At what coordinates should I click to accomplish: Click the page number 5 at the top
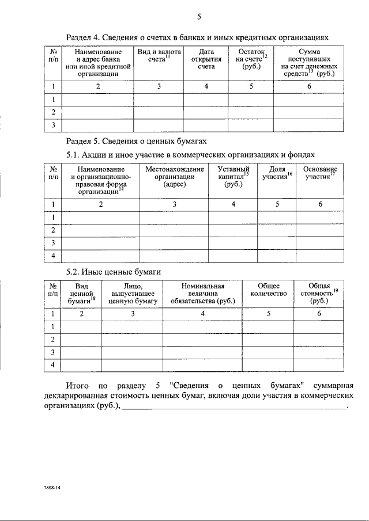[x=198, y=16]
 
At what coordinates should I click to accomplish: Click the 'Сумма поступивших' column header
[x=309, y=63]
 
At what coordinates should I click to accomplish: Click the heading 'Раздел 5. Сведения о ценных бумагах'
[x=135, y=140]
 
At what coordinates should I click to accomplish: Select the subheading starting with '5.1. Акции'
[x=190, y=154]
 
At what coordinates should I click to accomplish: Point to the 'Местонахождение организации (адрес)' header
[x=174, y=177]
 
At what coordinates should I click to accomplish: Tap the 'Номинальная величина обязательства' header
[x=202, y=293]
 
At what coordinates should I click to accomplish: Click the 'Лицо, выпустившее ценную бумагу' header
[x=132, y=293]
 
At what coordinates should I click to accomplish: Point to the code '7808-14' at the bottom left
[x=52, y=487]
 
